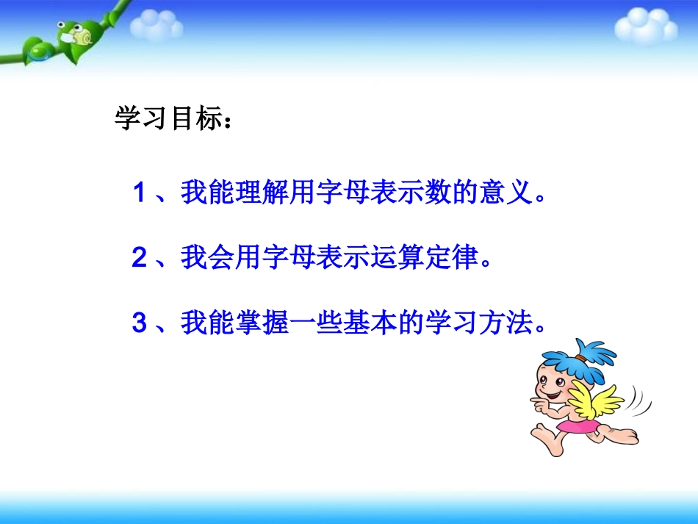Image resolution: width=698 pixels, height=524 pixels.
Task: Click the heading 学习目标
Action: click(x=169, y=119)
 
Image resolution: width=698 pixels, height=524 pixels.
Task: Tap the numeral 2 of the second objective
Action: click(x=140, y=258)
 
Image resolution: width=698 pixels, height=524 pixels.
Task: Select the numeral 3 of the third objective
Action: click(x=140, y=323)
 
